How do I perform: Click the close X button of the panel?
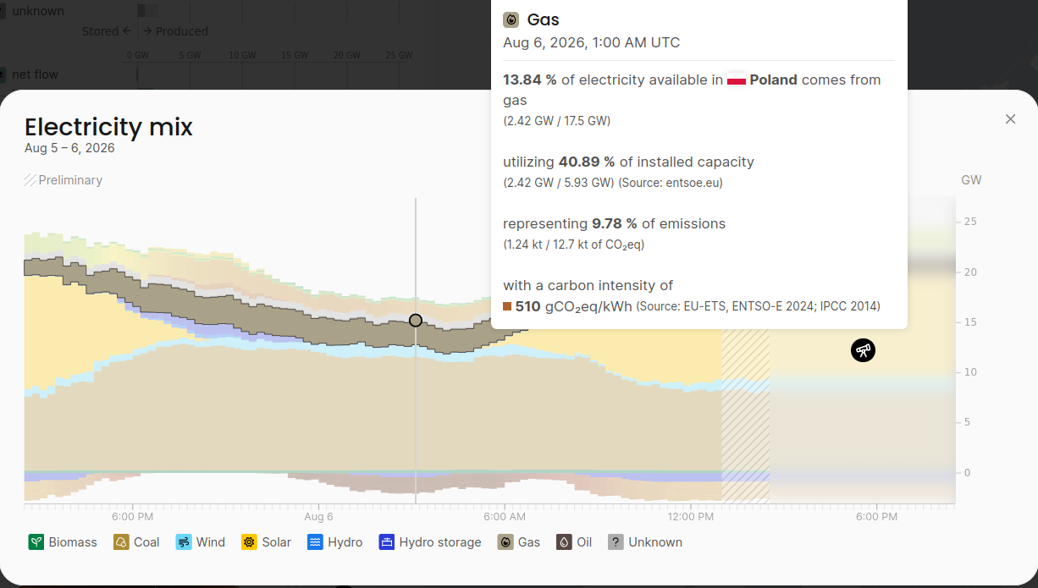pos(1010,119)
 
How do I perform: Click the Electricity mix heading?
pos(108,127)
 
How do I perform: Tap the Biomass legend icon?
pos(36,541)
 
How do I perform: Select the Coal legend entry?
pos(136,541)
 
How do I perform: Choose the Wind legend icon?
pos(184,541)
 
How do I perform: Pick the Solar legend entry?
pos(266,541)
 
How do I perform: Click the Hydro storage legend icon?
pos(386,541)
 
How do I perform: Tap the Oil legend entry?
pos(574,541)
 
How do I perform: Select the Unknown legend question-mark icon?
pos(616,541)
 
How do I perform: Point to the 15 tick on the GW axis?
pos(970,321)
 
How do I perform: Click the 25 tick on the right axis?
pos(970,222)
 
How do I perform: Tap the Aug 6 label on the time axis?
pos(318,517)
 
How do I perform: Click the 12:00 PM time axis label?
pos(691,517)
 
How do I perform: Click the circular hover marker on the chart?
pos(416,321)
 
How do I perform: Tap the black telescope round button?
pos(863,350)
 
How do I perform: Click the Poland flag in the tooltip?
pos(737,80)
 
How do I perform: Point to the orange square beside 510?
pos(507,306)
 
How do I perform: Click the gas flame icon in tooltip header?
pos(511,20)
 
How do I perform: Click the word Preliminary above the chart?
pos(70,180)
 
